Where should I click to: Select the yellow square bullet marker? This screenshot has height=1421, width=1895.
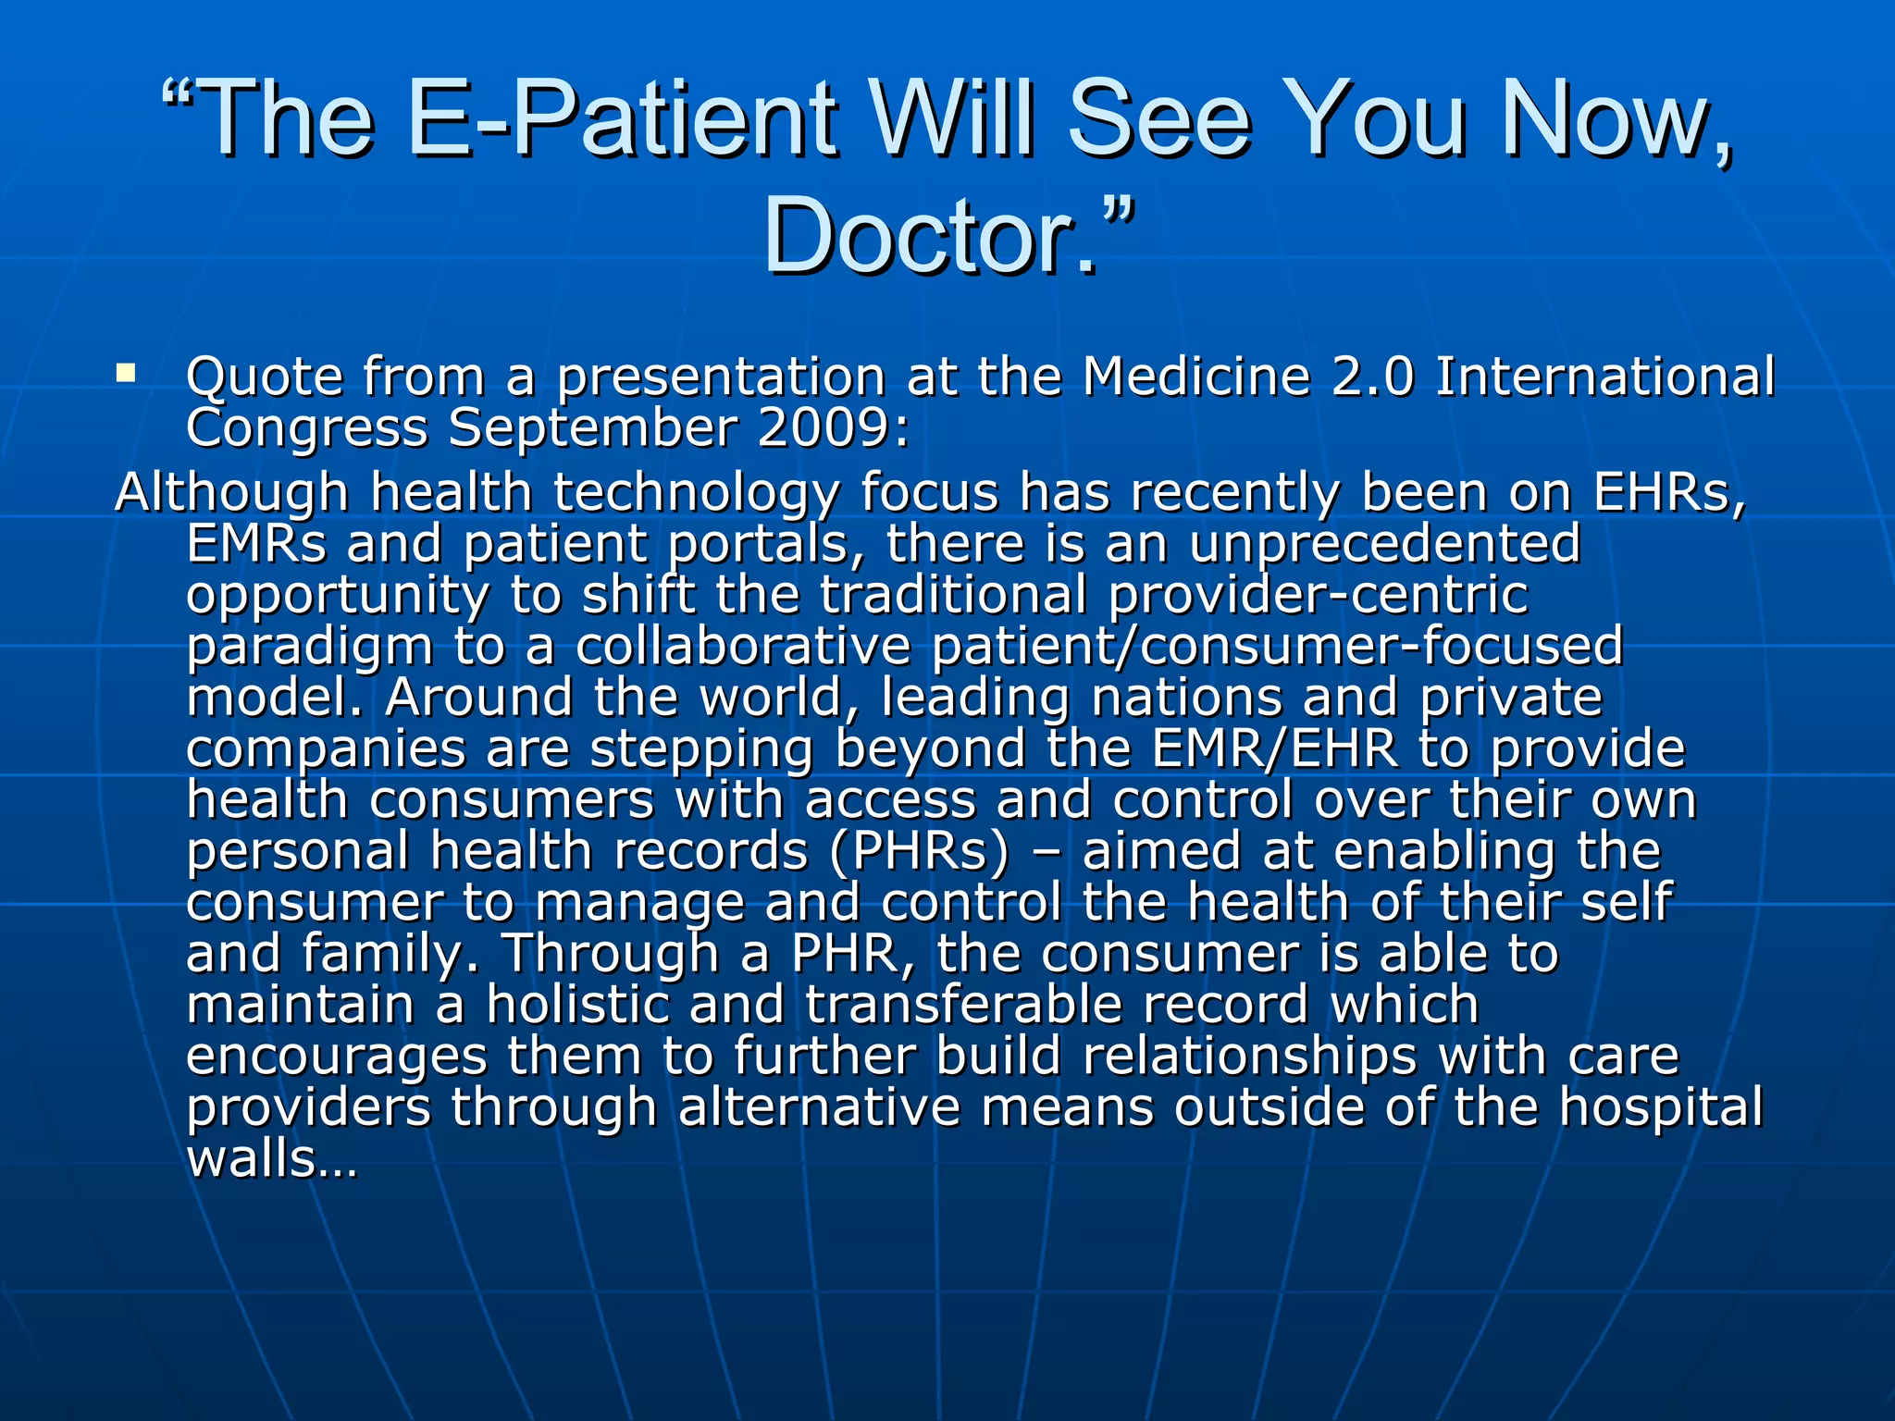pyautogui.click(x=126, y=374)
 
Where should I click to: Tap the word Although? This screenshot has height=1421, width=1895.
pyautogui.click(x=231, y=492)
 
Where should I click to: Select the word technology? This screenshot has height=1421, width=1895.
pyautogui.click(x=696, y=494)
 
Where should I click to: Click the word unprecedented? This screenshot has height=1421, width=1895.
pyautogui.click(x=1384, y=544)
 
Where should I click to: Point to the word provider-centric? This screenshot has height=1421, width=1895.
pyautogui.click(x=1318, y=596)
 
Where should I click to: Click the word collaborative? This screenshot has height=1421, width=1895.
pyautogui.click(x=743, y=646)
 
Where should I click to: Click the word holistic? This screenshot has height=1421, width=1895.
pyautogui.click(x=577, y=1005)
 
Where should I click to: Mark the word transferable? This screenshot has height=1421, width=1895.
pyautogui.click(x=964, y=1005)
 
